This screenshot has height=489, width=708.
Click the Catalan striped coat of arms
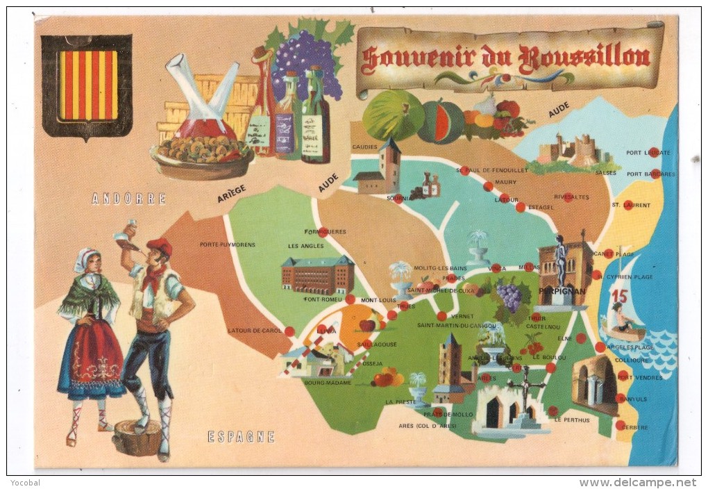click(87, 85)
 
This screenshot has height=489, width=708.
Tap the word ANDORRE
click(129, 199)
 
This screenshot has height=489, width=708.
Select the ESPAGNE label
click(241, 437)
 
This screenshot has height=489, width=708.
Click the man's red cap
click(160, 246)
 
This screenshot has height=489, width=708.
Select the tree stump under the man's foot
click(137, 438)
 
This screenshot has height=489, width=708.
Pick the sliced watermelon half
click(441, 122)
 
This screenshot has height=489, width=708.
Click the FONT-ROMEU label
click(320, 299)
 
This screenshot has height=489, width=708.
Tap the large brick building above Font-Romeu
click(317, 274)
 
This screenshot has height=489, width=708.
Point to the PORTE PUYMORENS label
click(227, 244)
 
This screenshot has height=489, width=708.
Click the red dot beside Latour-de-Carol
click(289, 331)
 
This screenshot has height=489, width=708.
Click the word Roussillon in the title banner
click(587, 57)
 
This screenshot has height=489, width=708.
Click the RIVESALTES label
click(571, 197)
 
